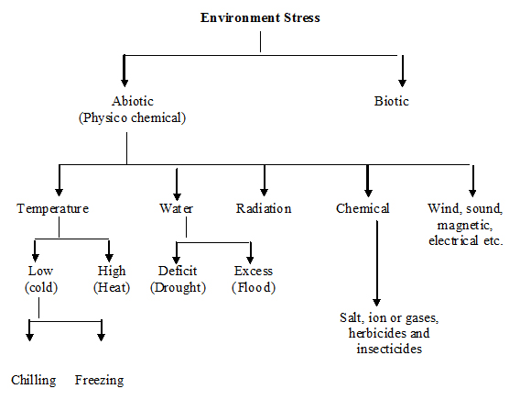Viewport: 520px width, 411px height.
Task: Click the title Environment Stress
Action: (x=260, y=17)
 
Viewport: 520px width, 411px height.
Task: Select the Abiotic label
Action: (x=133, y=101)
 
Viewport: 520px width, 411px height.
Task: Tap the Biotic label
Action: (x=391, y=101)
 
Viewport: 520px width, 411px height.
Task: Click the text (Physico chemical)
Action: (x=132, y=117)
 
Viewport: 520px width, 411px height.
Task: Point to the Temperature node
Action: (x=53, y=208)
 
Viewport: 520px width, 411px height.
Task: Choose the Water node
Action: (x=176, y=208)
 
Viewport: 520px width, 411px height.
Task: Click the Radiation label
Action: (x=264, y=208)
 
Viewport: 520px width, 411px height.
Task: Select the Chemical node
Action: (x=363, y=208)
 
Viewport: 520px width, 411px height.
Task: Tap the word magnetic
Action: (x=465, y=226)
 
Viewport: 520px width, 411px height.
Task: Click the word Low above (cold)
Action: (x=40, y=271)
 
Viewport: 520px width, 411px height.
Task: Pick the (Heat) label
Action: (x=112, y=287)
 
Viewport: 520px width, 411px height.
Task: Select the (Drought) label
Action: (x=179, y=287)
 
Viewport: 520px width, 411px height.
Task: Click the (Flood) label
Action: (x=254, y=287)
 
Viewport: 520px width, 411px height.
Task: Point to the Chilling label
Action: (x=34, y=380)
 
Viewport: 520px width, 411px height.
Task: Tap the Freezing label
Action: (x=99, y=380)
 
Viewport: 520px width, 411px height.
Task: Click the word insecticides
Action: (x=389, y=349)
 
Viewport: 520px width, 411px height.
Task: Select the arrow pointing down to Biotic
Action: (x=402, y=71)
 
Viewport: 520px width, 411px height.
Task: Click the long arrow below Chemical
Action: (x=377, y=263)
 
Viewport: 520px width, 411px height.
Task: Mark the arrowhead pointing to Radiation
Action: (x=264, y=193)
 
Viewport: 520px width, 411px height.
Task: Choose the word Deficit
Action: (x=178, y=271)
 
